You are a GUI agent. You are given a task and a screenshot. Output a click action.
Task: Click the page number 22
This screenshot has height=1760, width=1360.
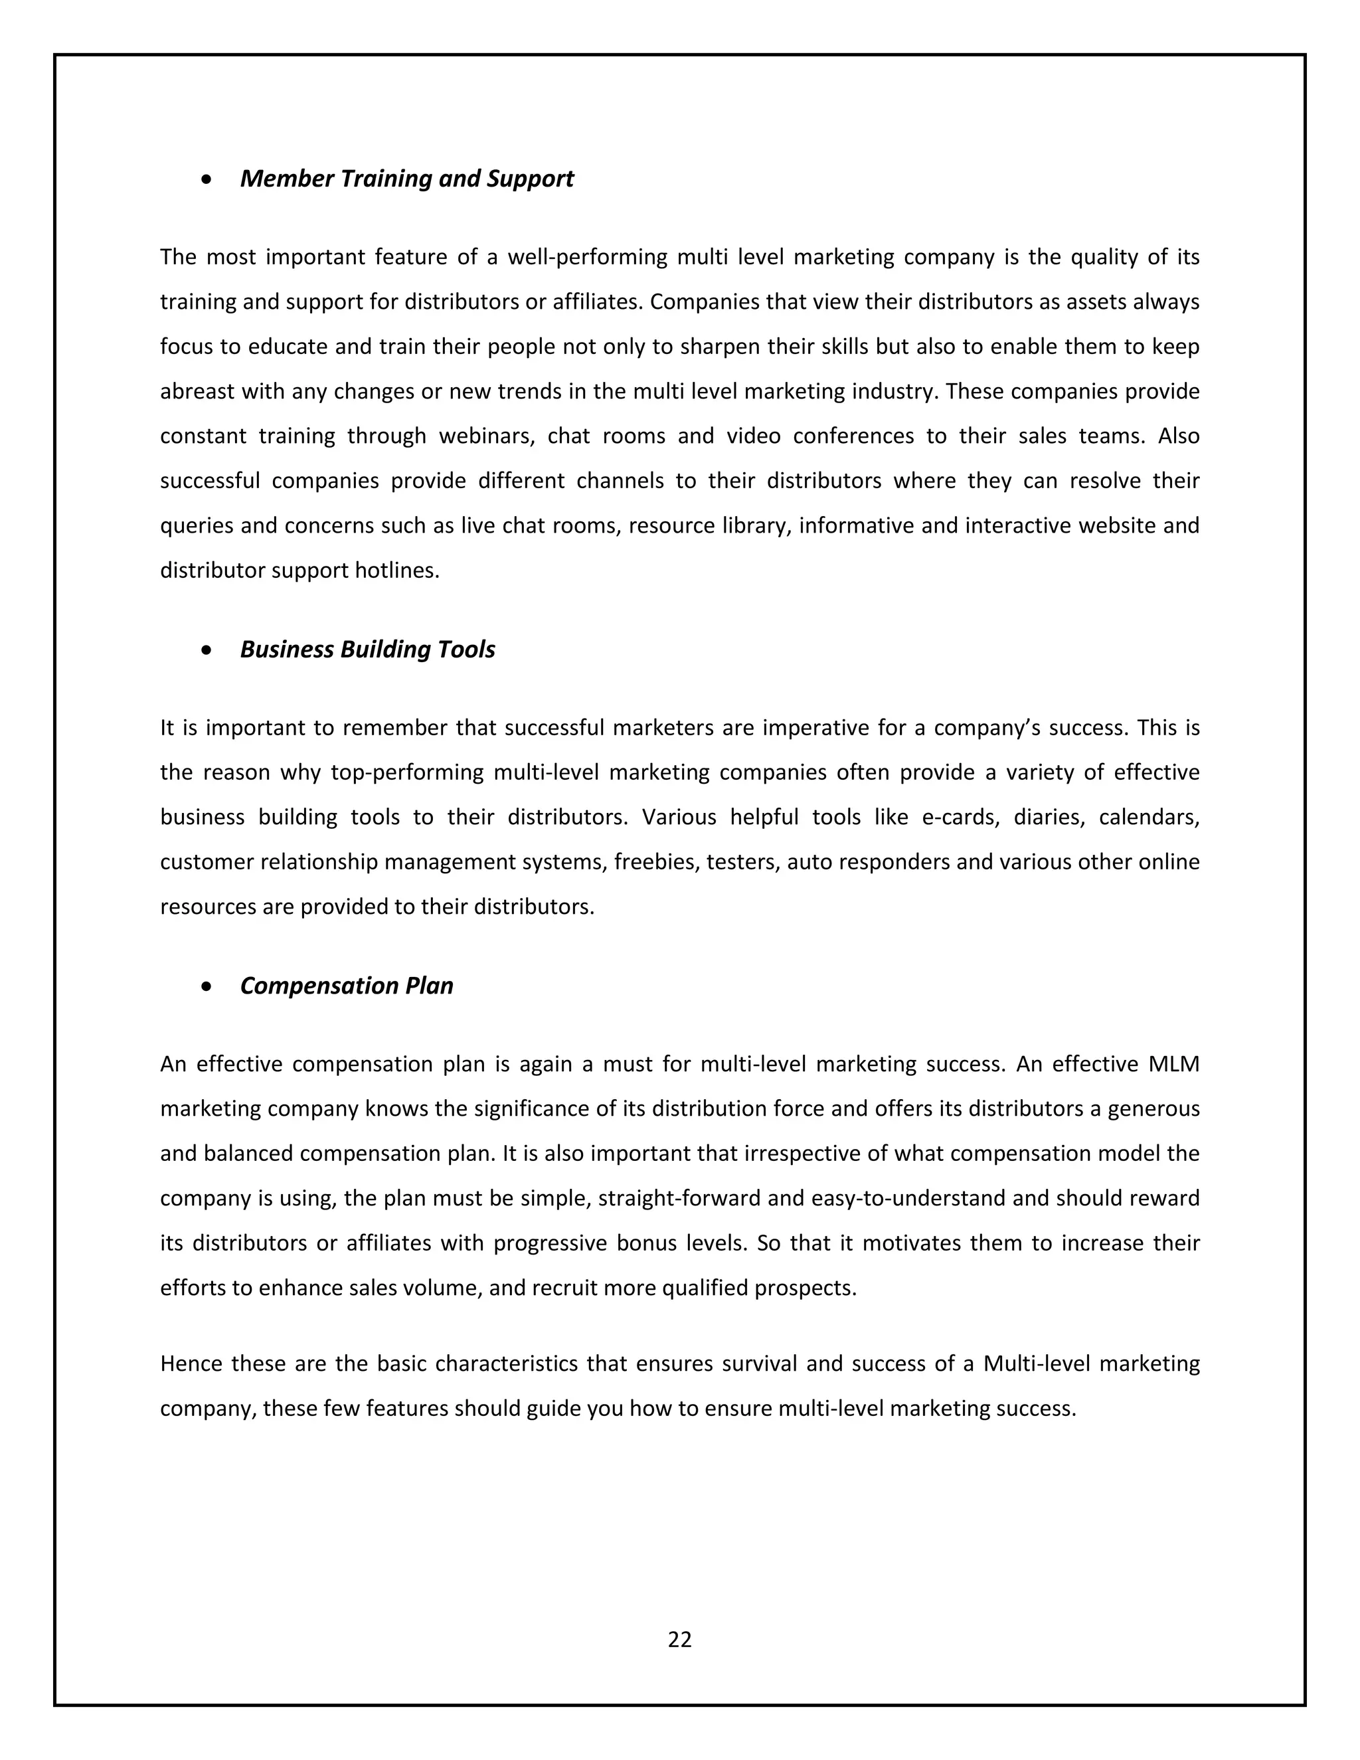(x=679, y=1639)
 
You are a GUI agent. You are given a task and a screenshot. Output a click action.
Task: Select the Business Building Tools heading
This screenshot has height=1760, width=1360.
(x=367, y=649)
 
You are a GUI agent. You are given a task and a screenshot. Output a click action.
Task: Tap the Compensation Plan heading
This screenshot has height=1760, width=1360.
(x=347, y=986)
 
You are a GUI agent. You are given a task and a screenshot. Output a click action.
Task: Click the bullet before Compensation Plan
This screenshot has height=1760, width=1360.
(x=208, y=986)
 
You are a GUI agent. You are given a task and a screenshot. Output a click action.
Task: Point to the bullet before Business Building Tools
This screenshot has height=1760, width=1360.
(x=208, y=650)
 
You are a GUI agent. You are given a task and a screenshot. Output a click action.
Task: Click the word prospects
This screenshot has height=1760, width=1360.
(x=805, y=1288)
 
